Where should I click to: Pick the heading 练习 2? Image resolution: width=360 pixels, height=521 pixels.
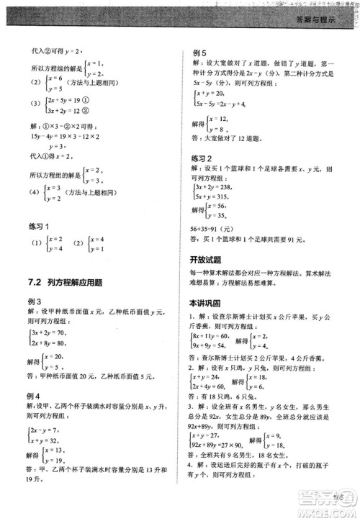coord(204,158)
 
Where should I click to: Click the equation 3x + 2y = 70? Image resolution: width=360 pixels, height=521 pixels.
coord(50,333)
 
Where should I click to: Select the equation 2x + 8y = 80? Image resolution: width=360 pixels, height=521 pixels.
coord(50,343)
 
